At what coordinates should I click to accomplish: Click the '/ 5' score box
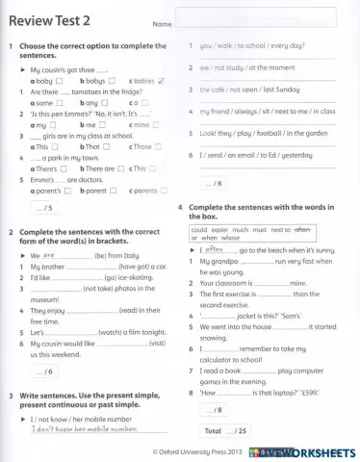pyautogui.click(x=42, y=208)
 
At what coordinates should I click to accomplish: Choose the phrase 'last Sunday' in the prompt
pyautogui.click(x=272, y=90)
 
